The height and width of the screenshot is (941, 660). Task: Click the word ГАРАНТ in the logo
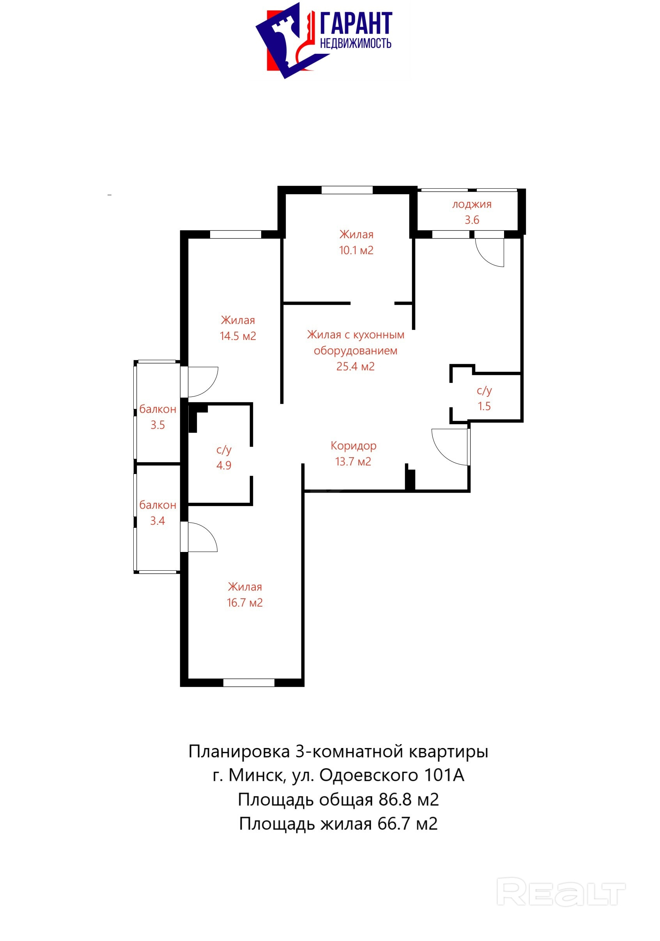tap(356, 23)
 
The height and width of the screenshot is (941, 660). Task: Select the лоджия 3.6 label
tap(471, 212)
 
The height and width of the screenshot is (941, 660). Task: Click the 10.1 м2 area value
tap(356, 250)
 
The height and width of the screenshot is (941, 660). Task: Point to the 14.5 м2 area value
tap(238, 336)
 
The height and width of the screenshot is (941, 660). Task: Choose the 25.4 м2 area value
tap(356, 366)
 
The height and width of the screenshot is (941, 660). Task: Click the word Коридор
tap(353, 446)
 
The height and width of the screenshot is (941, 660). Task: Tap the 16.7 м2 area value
tap(245, 603)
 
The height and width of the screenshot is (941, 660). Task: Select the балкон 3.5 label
tap(158, 417)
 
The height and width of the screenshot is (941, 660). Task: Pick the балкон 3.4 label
tap(158, 513)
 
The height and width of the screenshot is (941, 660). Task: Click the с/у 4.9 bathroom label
tap(224, 457)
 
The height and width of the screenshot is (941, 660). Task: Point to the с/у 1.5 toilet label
tap(484, 398)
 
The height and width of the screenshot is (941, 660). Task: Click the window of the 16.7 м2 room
tap(248, 683)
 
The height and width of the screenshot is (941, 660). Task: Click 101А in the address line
tap(444, 775)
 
